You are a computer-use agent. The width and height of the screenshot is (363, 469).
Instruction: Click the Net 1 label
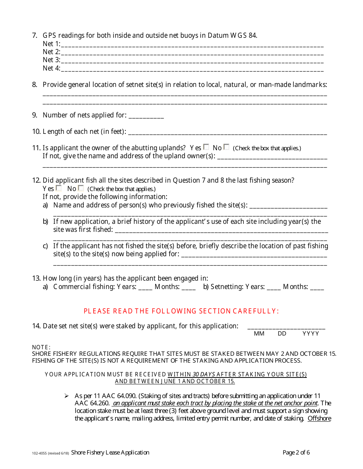51,44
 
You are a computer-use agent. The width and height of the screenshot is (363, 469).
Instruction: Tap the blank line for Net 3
192,61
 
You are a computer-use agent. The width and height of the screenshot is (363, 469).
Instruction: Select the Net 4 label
51,69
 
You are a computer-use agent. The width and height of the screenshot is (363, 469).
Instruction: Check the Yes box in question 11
206,147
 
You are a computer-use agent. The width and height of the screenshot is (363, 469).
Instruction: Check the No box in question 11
227,147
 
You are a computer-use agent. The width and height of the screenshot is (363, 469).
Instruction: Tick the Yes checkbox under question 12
59,188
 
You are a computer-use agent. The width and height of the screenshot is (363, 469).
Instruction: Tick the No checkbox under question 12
81,188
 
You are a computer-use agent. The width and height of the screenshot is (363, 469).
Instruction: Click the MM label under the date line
259,334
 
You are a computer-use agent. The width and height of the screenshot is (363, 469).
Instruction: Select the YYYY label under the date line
311,334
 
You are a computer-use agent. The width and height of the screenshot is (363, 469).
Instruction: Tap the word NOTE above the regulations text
41,347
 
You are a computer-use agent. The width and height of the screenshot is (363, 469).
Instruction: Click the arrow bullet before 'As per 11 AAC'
66,396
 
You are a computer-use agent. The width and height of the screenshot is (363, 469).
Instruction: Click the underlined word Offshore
319,419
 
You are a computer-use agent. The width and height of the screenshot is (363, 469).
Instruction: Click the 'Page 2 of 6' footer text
296,453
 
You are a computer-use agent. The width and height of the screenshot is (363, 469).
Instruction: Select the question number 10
36,132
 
